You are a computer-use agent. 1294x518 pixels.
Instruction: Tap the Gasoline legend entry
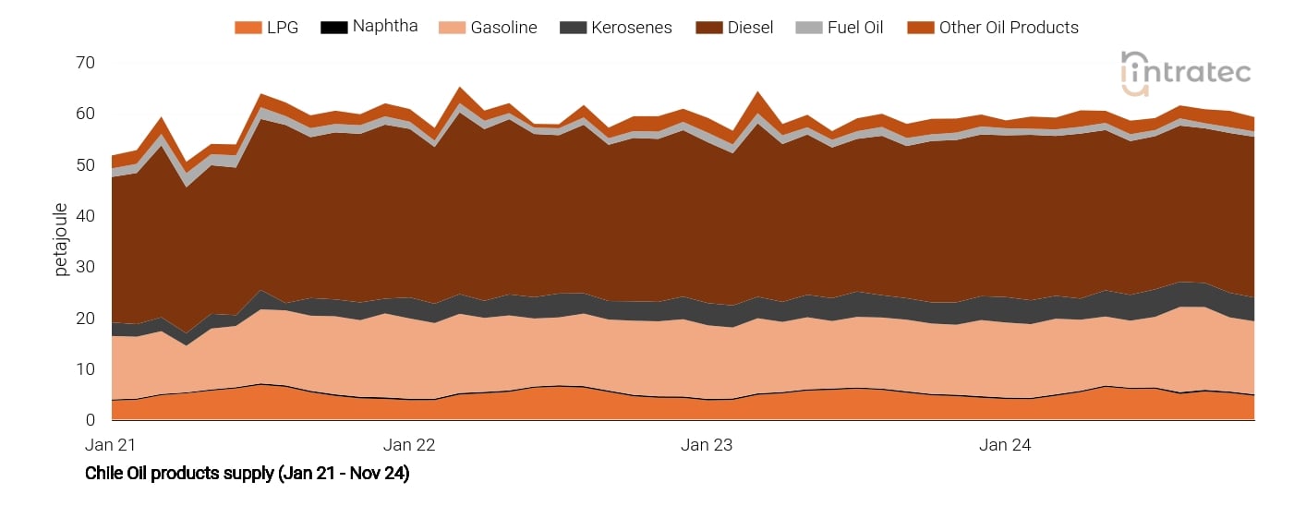tap(490, 28)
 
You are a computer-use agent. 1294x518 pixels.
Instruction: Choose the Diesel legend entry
tap(733, 28)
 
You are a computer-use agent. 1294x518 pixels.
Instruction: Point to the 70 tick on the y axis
tap(86, 63)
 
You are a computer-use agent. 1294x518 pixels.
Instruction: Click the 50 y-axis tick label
tap(86, 165)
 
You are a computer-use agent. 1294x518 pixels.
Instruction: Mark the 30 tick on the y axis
tap(86, 268)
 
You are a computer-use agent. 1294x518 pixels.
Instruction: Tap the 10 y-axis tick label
tap(86, 369)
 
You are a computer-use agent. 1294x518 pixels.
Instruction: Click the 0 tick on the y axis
tap(91, 420)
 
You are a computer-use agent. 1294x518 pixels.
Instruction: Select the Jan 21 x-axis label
tap(111, 445)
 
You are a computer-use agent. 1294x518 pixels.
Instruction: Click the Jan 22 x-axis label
tap(408, 445)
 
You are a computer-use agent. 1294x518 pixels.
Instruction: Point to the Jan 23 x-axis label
tap(707, 445)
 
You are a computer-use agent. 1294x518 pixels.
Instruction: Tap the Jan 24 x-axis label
tap(1005, 445)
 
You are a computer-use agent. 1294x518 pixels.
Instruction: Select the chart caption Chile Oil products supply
tap(247, 474)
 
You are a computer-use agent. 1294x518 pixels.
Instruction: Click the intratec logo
tap(1186, 72)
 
